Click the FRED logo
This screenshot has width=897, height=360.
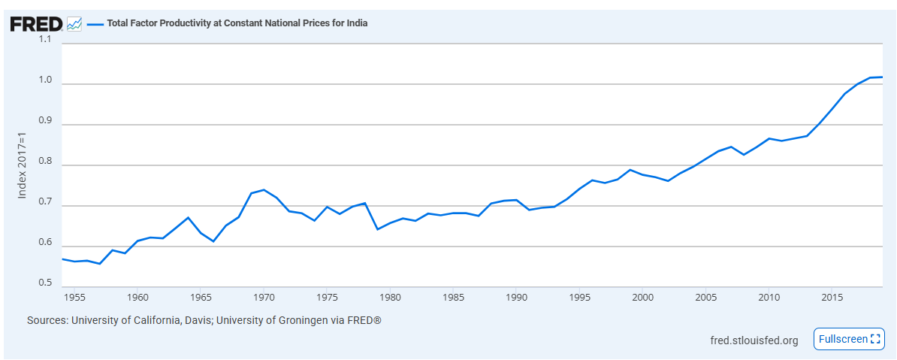point(35,23)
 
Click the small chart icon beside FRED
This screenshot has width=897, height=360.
point(74,23)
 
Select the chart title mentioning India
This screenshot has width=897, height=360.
point(237,23)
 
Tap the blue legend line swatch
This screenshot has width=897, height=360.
point(95,23)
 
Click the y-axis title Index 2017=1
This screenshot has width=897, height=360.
point(23,164)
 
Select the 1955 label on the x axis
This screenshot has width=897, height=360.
point(74,298)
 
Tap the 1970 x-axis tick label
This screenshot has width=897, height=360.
point(264,298)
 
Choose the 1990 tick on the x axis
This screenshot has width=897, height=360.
point(516,298)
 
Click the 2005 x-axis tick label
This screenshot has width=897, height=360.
point(705,298)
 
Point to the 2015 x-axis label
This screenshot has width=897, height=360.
point(832,298)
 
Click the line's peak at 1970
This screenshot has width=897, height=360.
point(264,190)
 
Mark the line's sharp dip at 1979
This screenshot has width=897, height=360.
point(377,229)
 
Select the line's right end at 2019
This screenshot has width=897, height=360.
point(882,77)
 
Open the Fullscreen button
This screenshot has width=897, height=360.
point(849,339)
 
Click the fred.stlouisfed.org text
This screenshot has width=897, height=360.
point(754,340)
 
